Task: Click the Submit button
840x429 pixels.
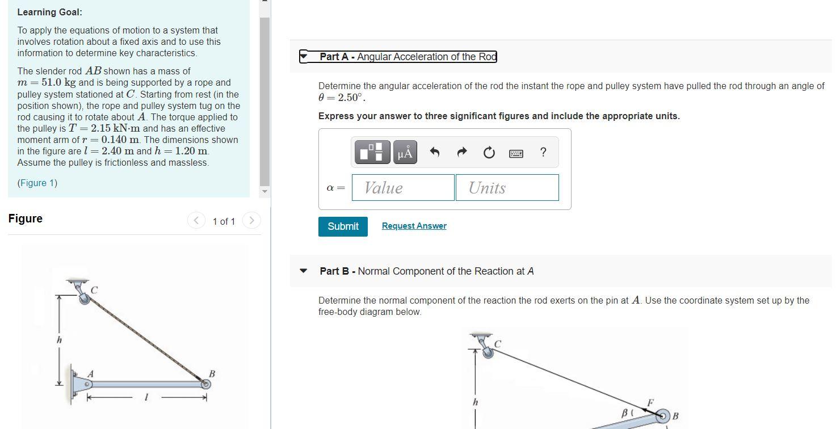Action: coord(343,226)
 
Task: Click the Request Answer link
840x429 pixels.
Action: coord(414,226)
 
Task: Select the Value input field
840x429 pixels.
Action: coord(403,187)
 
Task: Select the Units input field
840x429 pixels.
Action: coord(507,187)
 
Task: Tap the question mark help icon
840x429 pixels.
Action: coord(543,152)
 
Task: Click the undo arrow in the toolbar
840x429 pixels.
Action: coord(435,152)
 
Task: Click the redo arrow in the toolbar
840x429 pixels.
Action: coord(461,152)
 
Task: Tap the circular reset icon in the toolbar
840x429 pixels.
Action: coord(489,153)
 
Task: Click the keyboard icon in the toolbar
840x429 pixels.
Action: coord(516,153)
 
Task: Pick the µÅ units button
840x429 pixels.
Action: coord(405,152)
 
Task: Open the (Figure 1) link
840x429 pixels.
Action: coord(37,183)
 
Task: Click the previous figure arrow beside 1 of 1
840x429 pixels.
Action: coord(196,220)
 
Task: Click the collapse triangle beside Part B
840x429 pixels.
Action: coord(304,271)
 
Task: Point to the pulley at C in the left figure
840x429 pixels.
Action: coord(85,298)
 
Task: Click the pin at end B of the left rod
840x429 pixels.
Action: coord(206,384)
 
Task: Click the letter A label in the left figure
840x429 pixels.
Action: coord(90,374)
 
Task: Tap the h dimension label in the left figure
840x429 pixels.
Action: coord(58,340)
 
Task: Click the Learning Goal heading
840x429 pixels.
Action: coord(49,12)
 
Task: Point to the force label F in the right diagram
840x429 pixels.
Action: coord(650,403)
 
